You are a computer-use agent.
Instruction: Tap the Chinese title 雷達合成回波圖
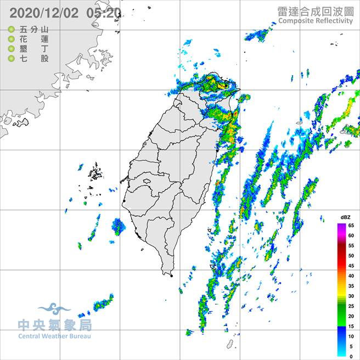pyautogui.click(x=315, y=11)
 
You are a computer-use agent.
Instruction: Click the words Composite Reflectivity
pyautogui.click(x=315, y=21)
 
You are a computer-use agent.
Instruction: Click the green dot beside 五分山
pyautogui.click(x=11, y=30)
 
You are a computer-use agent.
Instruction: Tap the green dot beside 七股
pyautogui.click(x=11, y=58)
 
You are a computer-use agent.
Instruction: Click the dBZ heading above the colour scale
pyautogui.click(x=345, y=218)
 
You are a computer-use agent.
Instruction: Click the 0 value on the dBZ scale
pyautogui.click(x=351, y=357)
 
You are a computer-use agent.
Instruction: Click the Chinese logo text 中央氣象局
pyautogui.click(x=54, y=325)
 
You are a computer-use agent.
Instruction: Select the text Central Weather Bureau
pyautogui.click(x=54, y=336)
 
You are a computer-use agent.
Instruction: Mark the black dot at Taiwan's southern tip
pyautogui.click(x=172, y=275)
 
